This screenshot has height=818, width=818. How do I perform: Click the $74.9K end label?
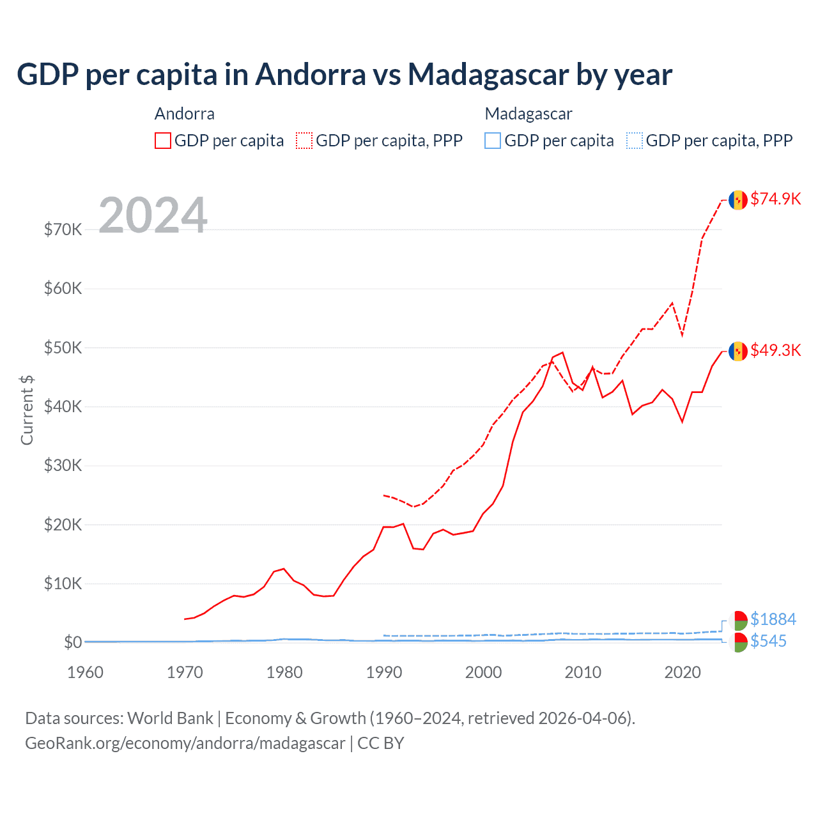pos(775,199)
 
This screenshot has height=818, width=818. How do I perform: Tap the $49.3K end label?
pos(775,350)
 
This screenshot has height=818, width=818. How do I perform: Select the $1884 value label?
pos(773,619)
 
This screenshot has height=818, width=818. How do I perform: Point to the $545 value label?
pos(768,641)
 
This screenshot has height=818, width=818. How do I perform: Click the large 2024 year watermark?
pos(153,215)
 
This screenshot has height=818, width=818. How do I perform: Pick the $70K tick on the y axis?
pos(63,229)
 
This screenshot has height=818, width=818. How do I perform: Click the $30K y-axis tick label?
pos(63,465)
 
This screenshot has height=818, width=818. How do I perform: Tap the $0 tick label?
pos(72,642)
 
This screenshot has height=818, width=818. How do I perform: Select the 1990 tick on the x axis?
pos(384,672)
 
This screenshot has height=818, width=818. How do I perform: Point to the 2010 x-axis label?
pos(583,672)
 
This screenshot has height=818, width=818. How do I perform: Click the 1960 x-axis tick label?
pos(85,672)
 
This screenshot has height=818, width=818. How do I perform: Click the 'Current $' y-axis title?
pos(27,410)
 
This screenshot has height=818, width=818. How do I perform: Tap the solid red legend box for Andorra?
pos(163,141)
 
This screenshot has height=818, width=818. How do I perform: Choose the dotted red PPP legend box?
pos(304,141)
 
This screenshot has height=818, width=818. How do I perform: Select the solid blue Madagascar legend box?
pos(493,141)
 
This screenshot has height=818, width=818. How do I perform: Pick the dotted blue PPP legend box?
pos(635,141)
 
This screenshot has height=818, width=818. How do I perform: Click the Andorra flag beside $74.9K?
pos(738,200)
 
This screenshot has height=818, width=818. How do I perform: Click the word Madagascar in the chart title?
pos(488,74)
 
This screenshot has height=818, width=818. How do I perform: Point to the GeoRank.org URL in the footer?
pos(185,743)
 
